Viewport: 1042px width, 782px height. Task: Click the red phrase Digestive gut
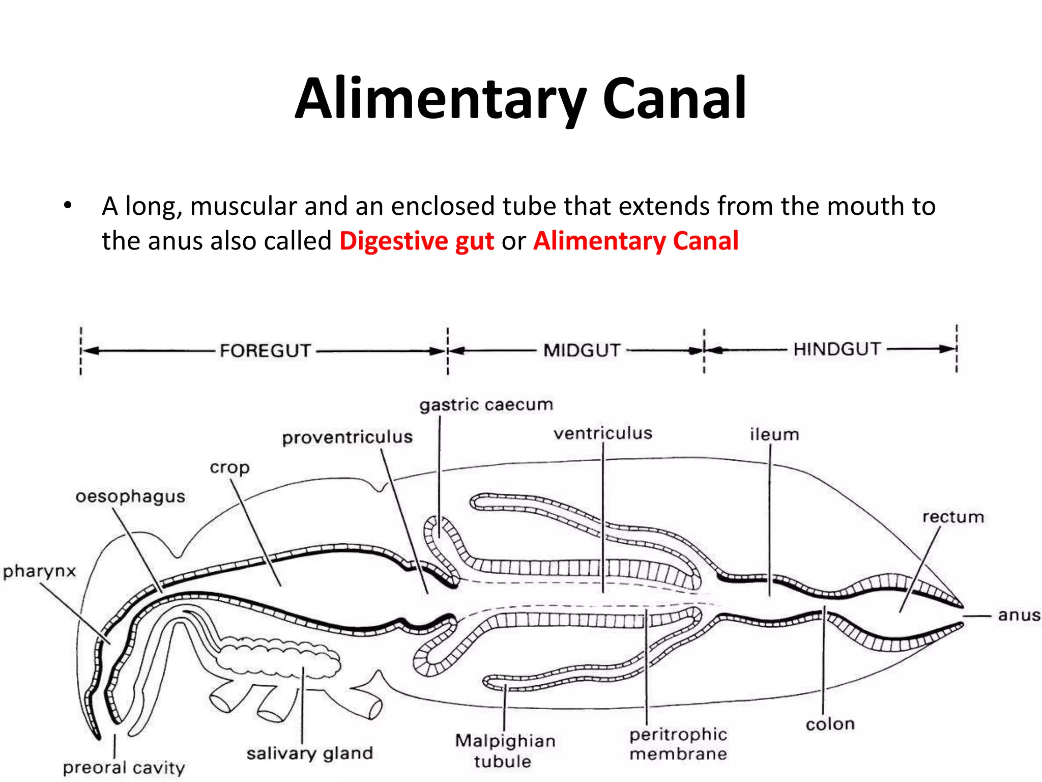point(416,241)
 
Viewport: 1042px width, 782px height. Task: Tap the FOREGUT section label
point(265,351)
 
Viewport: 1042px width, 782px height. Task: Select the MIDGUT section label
point(582,350)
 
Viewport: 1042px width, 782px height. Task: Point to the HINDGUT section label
point(837,349)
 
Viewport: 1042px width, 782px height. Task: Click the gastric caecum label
point(486,405)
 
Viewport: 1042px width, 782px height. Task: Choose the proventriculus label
point(348,437)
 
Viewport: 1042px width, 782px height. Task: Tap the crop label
point(229,467)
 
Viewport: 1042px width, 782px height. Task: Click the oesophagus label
point(130,496)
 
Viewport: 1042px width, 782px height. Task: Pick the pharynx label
point(39,571)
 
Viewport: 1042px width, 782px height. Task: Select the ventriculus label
point(603,433)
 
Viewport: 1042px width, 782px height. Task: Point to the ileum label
point(774,434)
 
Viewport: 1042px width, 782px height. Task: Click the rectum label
point(953,517)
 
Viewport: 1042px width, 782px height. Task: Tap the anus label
point(1019,615)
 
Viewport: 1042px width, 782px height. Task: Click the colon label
point(830,724)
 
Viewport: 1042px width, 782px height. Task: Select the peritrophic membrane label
point(678,744)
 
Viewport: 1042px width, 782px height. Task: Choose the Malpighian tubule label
point(505,750)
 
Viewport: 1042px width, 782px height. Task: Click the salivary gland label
point(309,753)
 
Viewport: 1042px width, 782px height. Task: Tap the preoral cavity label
point(124,768)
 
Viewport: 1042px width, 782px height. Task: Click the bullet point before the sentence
point(68,207)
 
